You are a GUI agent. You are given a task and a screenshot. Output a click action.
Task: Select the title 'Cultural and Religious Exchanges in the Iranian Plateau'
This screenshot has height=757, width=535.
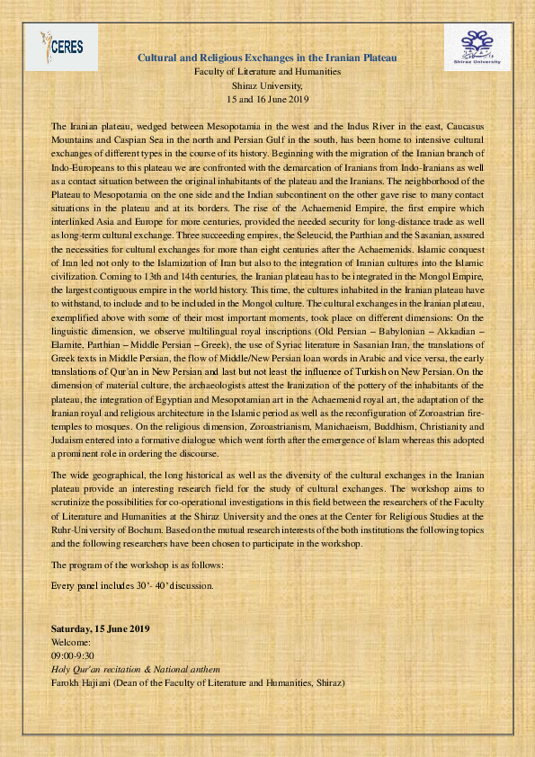[x=267, y=57]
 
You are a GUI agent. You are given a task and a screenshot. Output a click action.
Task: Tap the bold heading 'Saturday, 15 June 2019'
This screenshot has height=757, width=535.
[x=100, y=628]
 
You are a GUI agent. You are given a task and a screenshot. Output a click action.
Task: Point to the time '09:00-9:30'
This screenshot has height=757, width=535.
[x=74, y=656]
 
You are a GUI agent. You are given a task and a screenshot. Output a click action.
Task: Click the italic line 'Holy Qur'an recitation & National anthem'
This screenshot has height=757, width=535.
[x=135, y=670]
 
